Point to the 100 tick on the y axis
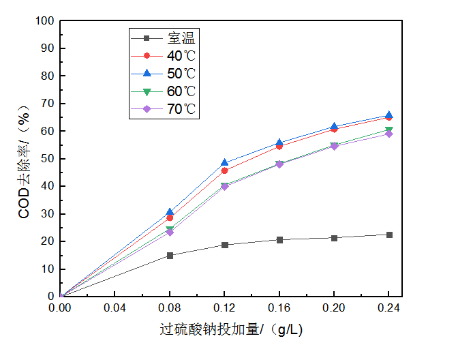click(44, 20)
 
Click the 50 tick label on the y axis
click(47, 159)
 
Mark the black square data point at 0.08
click(170, 256)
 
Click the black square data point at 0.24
click(389, 235)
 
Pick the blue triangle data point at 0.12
click(224, 163)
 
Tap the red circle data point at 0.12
click(224, 170)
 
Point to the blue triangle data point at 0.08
click(170, 212)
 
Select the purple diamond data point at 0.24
click(389, 134)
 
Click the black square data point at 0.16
click(279, 239)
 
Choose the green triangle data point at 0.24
click(389, 130)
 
